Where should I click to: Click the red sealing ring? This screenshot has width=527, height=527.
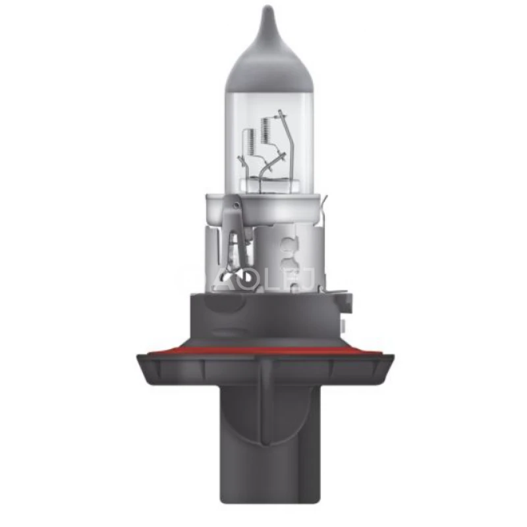click(263, 350)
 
